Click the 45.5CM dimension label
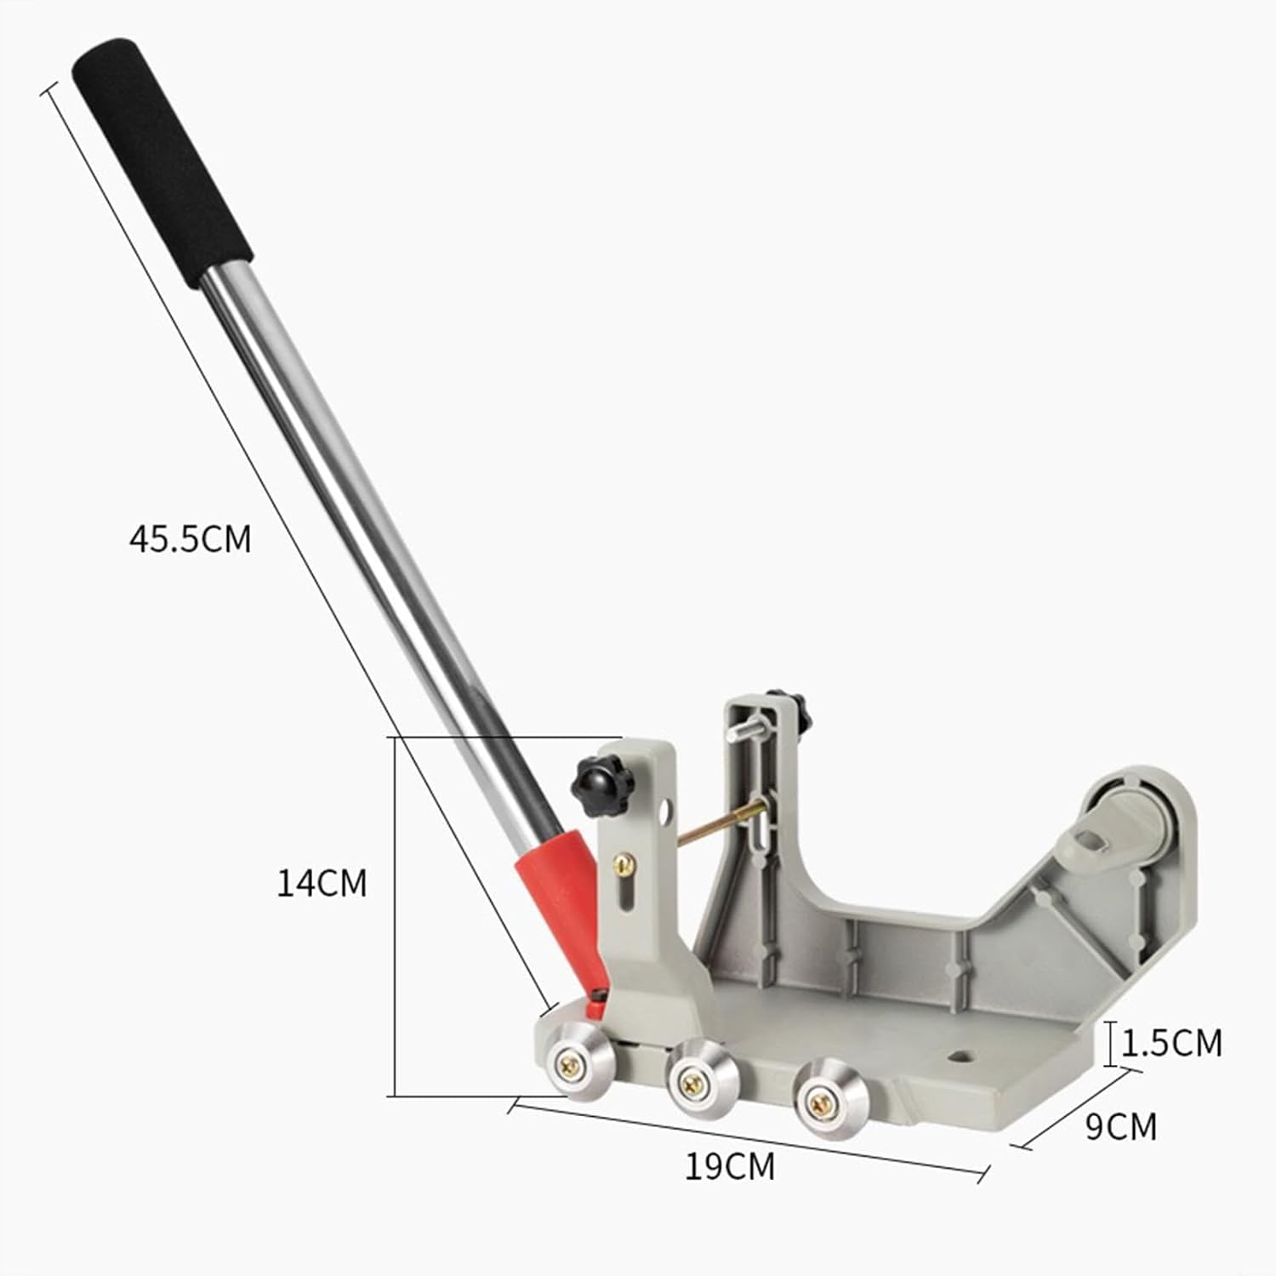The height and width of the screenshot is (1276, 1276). click(x=191, y=539)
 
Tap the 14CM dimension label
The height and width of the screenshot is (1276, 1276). click(x=322, y=883)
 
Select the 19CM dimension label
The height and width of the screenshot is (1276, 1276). click(x=730, y=1166)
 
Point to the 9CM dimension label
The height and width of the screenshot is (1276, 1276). click(x=1120, y=1126)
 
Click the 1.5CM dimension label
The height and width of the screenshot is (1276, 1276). click(x=1172, y=1043)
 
